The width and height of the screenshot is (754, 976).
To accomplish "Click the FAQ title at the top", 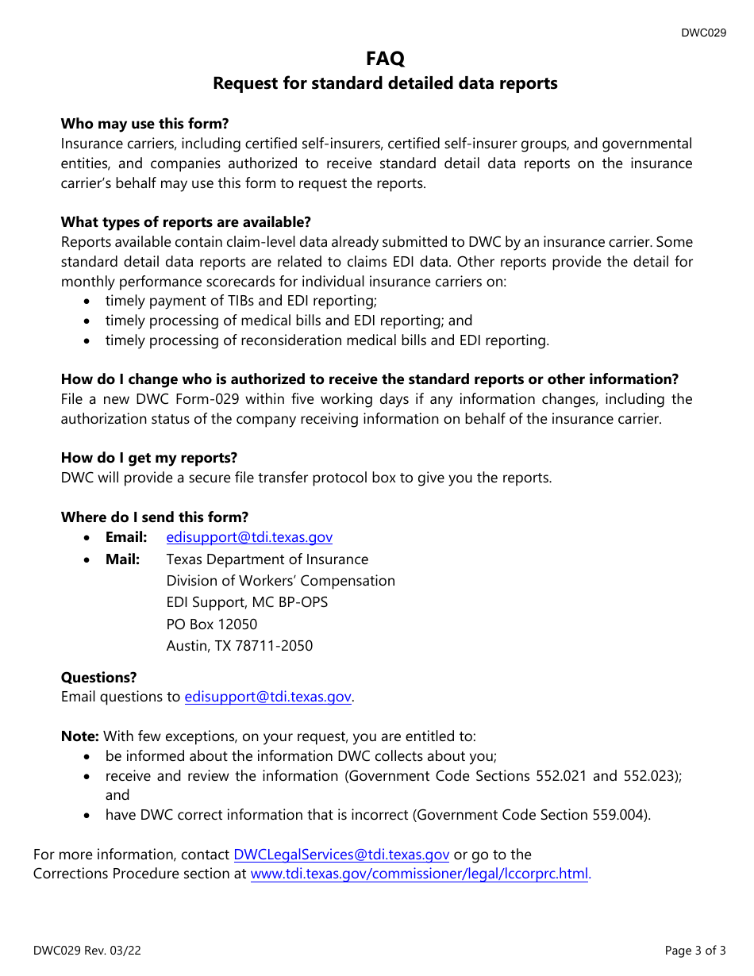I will (385, 58).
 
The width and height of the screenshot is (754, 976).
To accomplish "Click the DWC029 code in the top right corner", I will (703, 33).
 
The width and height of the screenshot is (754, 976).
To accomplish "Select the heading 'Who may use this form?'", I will (144, 124).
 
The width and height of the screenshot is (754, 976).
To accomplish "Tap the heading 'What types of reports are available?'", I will (186, 222).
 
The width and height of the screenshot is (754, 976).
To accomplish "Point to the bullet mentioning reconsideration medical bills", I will (326, 340).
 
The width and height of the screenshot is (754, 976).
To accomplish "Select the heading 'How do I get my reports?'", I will (148, 458).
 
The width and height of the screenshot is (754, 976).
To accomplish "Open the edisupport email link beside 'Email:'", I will (249, 537).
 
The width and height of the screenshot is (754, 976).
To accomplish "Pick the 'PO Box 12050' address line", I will (211, 624).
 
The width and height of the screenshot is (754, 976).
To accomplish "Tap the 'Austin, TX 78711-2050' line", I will (239, 646).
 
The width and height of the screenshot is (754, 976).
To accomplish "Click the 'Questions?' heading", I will (98, 678).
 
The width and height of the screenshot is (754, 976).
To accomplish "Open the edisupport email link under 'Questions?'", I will (267, 697).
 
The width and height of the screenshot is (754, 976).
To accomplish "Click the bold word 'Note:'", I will (80, 736).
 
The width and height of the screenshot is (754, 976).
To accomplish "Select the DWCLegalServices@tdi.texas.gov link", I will (341, 855).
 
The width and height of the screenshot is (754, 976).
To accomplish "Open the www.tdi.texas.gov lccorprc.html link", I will (419, 874).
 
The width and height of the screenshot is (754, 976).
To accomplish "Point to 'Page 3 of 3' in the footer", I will (695, 950).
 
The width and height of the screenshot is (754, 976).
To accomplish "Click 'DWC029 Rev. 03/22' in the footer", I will (87, 950).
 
